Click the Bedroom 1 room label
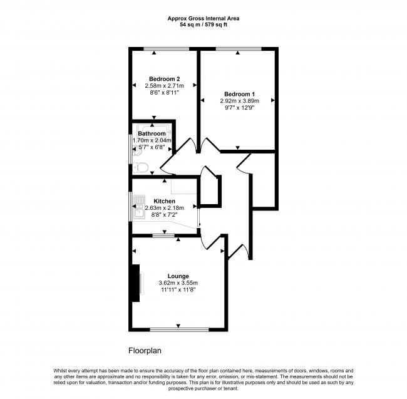click(237, 93)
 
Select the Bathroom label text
click(152, 133)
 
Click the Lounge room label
click(178, 276)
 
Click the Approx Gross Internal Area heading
click(203, 19)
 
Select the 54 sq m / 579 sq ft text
click(203, 25)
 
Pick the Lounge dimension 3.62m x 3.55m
click(178, 282)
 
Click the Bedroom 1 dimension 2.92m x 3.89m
click(237, 100)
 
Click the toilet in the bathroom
click(141, 167)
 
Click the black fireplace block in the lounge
click(135, 284)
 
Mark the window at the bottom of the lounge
click(178, 329)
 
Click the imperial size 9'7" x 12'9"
click(237, 107)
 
